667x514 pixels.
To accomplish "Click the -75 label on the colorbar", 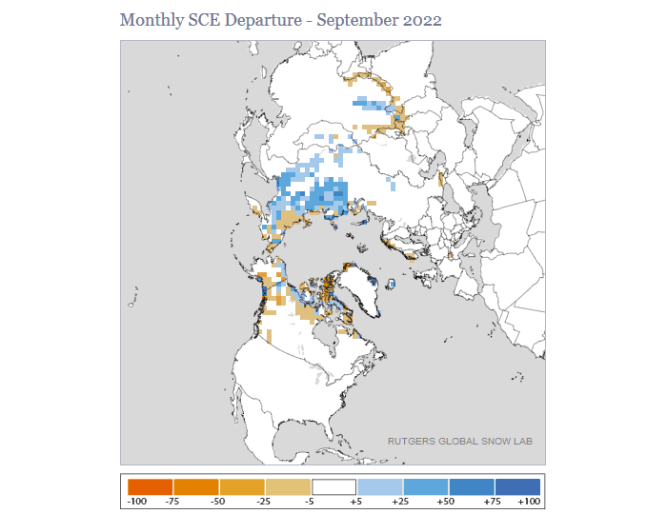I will point(172,500).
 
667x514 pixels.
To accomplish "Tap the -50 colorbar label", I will point(218,500).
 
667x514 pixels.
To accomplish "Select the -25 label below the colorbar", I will point(265,500).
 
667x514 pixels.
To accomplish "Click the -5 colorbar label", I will point(311,500).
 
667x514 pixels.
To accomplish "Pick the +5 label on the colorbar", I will point(356,500).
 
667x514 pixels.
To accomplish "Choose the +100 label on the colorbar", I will point(530,500).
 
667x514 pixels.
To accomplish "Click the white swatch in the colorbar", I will point(333,485).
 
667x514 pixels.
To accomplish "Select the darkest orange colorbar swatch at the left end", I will point(150,485).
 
